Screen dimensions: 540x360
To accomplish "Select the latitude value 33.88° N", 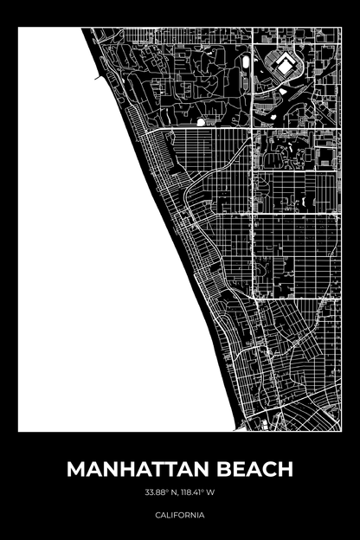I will point(162,493).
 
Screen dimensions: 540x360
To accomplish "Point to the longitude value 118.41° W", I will point(198,493).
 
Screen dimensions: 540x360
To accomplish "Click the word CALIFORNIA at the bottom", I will point(180,515).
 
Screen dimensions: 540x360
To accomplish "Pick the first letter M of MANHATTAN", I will point(76,469).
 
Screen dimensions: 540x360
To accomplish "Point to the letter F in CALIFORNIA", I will point(177,515).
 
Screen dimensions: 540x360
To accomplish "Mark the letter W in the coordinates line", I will point(211,493).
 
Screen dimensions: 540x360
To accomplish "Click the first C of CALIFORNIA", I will point(158,515).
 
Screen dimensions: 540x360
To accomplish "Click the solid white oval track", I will point(247,64).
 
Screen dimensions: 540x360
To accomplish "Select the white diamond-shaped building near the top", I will point(282,63).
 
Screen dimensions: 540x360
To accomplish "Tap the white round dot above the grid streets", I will point(202,122).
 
